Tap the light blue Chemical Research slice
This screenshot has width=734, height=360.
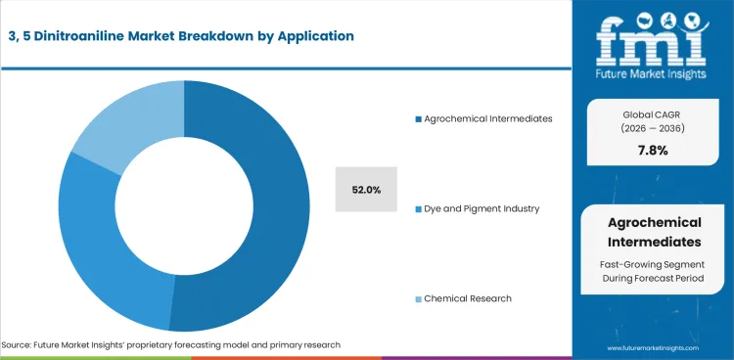tap(127, 122)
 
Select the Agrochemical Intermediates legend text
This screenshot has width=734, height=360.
tap(488, 118)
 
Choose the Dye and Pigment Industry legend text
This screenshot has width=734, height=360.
tap(482, 208)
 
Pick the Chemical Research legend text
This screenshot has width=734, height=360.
tap(467, 298)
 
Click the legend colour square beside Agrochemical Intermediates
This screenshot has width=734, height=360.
tap(418, 118)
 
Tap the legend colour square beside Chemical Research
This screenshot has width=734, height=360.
tap(418, 298)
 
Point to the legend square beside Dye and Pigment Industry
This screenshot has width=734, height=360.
tap(418, 208)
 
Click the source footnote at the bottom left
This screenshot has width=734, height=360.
tap(171, 345)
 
